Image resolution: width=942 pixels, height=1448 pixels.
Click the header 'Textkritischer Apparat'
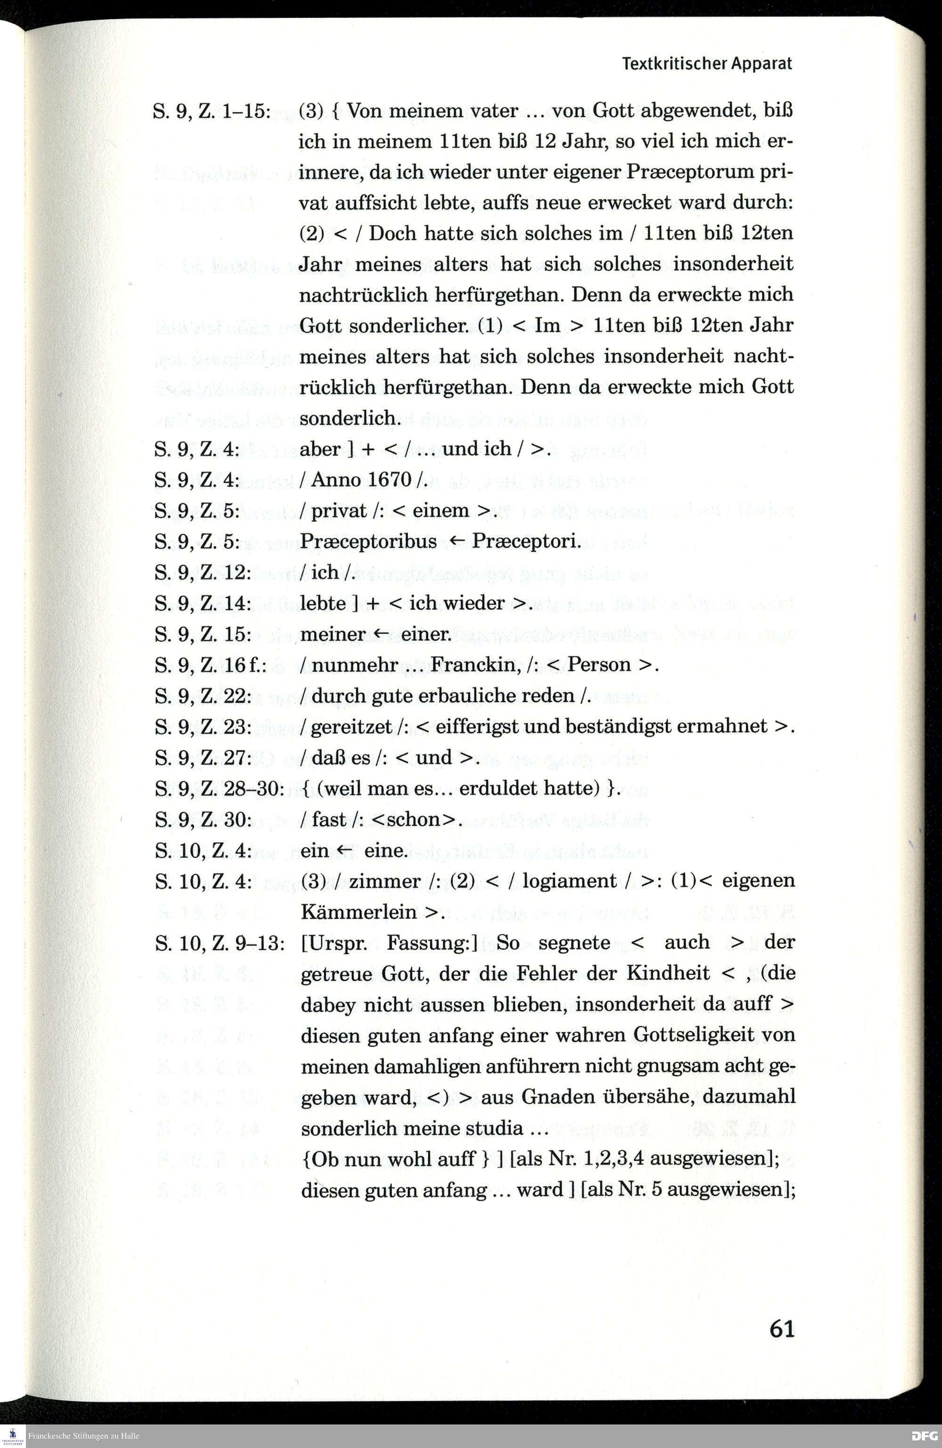[x=706, y=64]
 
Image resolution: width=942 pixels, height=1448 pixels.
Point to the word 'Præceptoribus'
[x=368, y=541]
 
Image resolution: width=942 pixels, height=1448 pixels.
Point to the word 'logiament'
[x=569, y=881]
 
